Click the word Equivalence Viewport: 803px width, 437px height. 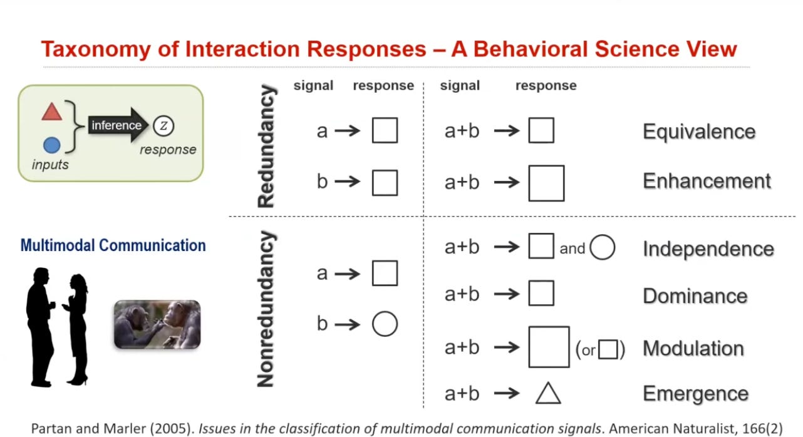(699, 132)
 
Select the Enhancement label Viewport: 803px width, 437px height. (707, 182)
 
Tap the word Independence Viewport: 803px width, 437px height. (708, 249)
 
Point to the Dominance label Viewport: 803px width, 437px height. (695, 296)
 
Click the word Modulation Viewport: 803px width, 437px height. (693, 348)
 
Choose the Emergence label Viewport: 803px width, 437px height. (695, 394)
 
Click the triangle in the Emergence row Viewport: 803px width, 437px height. (548, 393)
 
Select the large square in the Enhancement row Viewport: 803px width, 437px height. (546, 183)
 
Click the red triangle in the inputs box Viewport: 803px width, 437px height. (51, 113)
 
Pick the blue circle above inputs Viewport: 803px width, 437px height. (51, 146)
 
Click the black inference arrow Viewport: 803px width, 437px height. (118, 125)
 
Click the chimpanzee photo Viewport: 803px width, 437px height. (157, 324)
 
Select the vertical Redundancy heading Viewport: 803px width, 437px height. (267, 147)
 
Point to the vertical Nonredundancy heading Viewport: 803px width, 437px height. (267, 309)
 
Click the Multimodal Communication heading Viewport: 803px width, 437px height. (113, 245)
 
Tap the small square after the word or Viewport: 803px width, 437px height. (608, 349)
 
